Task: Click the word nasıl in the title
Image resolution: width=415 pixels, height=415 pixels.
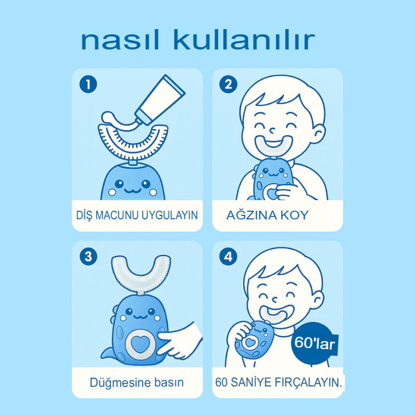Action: [120, 40]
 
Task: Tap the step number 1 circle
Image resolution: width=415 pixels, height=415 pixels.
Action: [88, 84]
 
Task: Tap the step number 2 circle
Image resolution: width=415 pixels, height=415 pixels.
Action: [228, 84]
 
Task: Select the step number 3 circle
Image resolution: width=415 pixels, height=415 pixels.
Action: [88, 257]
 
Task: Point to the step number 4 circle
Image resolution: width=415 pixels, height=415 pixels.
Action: [228, 257]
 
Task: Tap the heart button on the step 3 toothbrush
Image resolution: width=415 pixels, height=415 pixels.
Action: [140, 344]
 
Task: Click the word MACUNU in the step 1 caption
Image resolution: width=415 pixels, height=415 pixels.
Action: [117, 215]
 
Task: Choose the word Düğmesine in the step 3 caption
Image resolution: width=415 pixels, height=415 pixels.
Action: [120, 382]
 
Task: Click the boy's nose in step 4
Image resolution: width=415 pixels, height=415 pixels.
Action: [275, 300]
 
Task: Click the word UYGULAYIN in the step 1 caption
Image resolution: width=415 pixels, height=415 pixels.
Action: [169, 215]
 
